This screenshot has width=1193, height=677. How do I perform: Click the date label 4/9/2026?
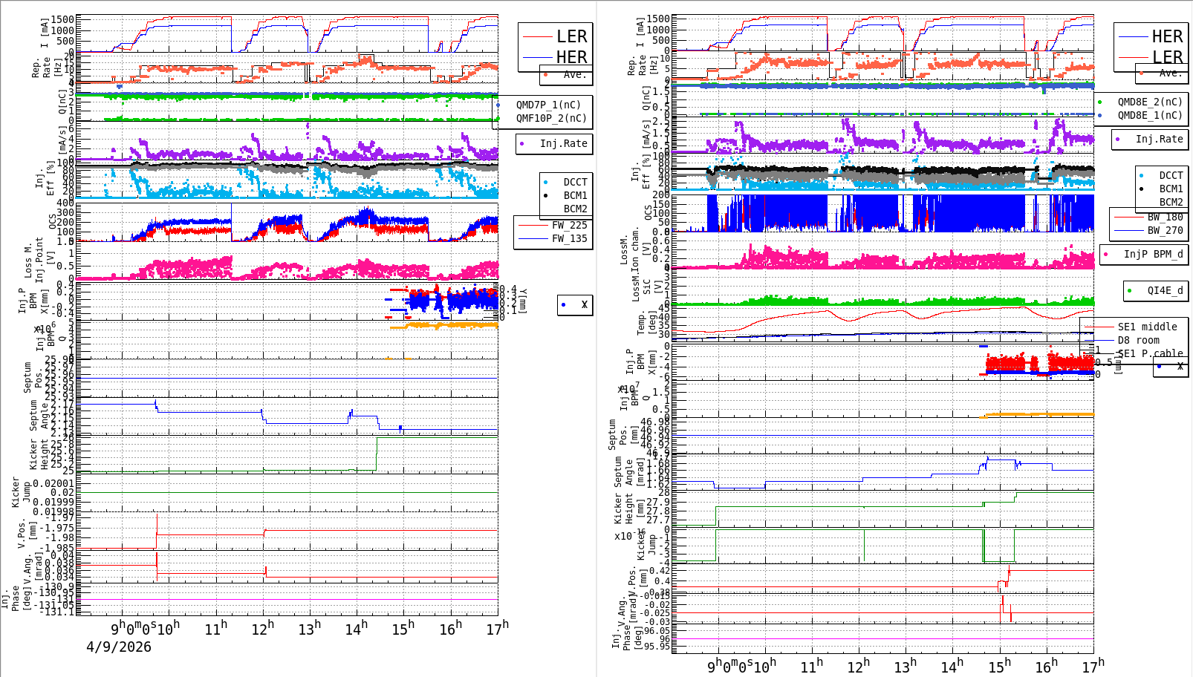coord(119,647)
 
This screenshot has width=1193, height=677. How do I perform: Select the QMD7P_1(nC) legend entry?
coord(548,105)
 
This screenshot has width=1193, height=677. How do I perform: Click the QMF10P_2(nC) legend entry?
coord(551,118)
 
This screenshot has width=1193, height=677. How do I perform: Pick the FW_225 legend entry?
coord(569,225)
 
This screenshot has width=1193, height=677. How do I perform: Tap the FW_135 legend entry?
coord(569,238)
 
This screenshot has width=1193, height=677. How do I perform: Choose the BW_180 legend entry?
coord(1165,217)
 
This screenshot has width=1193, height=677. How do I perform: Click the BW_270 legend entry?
coord(1165,230)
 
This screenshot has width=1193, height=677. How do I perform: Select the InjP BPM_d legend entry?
coord(1153,254)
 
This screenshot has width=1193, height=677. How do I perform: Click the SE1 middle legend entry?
coord(1147,327)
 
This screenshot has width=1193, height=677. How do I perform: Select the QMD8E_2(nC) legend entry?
coord(1149,102)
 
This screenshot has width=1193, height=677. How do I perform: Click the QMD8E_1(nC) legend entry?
coord(1149,115)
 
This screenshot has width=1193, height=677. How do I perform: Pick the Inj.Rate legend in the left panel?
coord(563,143)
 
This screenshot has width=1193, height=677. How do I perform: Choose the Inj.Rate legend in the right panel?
coord(1159,139)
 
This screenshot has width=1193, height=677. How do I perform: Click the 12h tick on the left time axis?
coord(263,629)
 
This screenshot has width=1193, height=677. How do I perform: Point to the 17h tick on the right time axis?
coord(1093,666)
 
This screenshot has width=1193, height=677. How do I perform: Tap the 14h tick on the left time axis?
coord(357,629)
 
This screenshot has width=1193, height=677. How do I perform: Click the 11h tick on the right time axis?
coord(811,666)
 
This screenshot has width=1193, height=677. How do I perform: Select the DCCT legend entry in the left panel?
coord(575,182)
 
